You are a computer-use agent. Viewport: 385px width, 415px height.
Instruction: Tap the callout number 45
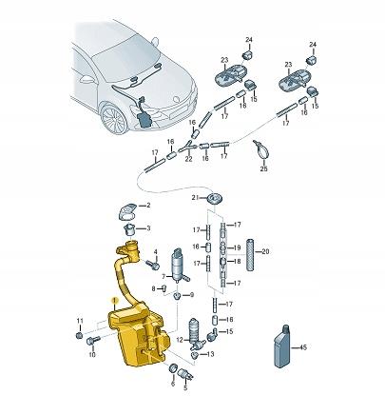tap(303, 347)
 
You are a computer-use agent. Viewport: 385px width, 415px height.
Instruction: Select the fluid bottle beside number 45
tap(282, 346)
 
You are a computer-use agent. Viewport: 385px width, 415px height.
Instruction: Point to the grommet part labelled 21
tap(215, 198)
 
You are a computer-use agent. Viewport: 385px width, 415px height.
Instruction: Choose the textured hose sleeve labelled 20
tap(250, 254)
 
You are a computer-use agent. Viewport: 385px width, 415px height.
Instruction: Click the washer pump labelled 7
tap(180, 266)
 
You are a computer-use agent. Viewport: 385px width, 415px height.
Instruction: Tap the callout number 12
tap(180, 340)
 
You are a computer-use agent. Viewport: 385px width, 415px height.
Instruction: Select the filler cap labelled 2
tap(127, 212)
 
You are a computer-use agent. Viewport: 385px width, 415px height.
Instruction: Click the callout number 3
tap(148, 228)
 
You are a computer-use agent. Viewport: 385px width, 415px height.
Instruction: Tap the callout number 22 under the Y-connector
tap(188, 159)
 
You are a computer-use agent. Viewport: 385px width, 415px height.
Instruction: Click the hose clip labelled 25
tap(261, 149)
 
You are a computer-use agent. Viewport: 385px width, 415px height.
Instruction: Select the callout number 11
tap(80, 321)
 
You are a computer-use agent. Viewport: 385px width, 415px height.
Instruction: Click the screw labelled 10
tap(93, 342)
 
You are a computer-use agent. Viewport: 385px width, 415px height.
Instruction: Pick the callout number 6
tap(173, 384)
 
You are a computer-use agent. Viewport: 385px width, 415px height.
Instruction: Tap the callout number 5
tap(185, 387)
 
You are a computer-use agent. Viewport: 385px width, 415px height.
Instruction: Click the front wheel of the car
tap(114, 120)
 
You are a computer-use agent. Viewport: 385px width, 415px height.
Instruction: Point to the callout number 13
tap(210, 353)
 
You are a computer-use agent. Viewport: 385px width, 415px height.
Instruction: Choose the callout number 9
tap(191, 295)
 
